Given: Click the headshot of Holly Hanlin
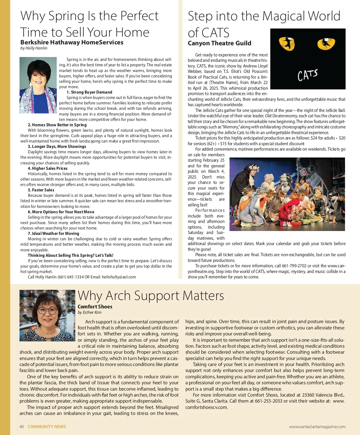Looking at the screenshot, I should (38, 85).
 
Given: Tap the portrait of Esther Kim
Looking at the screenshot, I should (47, 315).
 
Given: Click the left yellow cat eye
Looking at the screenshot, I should (287, 43).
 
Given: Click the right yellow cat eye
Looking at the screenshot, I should (326, 44).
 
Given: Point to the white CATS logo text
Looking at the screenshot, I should (307, 75).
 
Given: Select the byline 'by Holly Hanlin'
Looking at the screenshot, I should (34, 48).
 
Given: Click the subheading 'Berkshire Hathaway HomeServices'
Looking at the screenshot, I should (72, 42).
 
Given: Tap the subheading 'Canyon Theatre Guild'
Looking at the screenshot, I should (219, 43).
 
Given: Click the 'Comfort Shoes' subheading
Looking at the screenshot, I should (95, 307).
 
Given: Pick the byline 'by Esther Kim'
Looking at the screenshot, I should (89, 312).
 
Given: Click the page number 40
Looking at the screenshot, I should (22, 427).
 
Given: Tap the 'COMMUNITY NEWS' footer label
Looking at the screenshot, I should (47, 427).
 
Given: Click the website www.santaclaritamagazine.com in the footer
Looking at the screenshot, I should (317, 427).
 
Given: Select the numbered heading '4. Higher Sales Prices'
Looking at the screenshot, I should (48, 168).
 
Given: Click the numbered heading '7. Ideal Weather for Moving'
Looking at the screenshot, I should (53, 233).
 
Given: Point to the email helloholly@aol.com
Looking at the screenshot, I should (119, 277).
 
